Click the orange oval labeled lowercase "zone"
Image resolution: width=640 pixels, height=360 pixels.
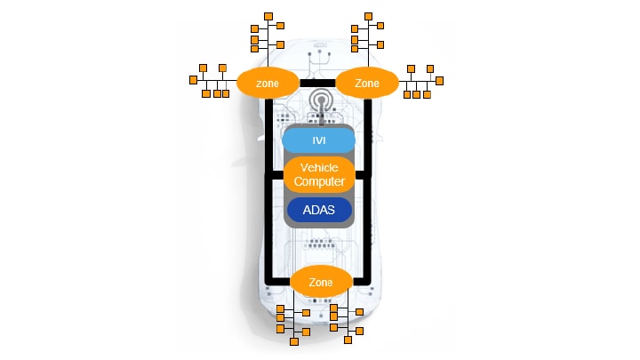(267, 83)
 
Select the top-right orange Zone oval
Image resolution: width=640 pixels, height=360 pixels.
(366, 82)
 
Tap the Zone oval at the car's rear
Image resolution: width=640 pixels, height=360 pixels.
(321, 282)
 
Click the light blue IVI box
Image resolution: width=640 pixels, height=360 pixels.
(318, 140)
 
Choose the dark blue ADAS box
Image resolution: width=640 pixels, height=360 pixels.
(318, 211)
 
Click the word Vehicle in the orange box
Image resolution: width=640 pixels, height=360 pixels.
(318, 168)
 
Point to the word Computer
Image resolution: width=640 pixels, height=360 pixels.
(318, 181)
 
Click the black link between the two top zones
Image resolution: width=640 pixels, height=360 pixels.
(316, 83)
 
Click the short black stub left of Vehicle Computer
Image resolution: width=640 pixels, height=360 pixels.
(276, 175)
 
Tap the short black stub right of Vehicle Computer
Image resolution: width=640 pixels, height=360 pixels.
(360, 175)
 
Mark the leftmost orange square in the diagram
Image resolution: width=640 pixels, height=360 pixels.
(193, 79)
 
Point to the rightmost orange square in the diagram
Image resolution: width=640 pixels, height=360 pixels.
(439, 79)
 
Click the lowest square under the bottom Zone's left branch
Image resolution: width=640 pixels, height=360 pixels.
(294, 340)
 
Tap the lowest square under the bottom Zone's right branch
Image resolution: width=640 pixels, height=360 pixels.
(348, 340)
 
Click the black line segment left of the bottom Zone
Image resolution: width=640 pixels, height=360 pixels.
(280, 282)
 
